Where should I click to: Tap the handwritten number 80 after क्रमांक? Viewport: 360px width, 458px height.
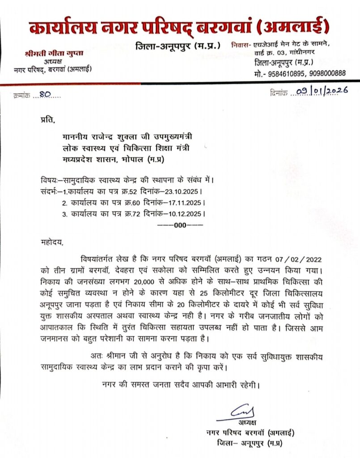(45, 94)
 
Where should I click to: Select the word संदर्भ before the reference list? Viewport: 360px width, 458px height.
(48, 191)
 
